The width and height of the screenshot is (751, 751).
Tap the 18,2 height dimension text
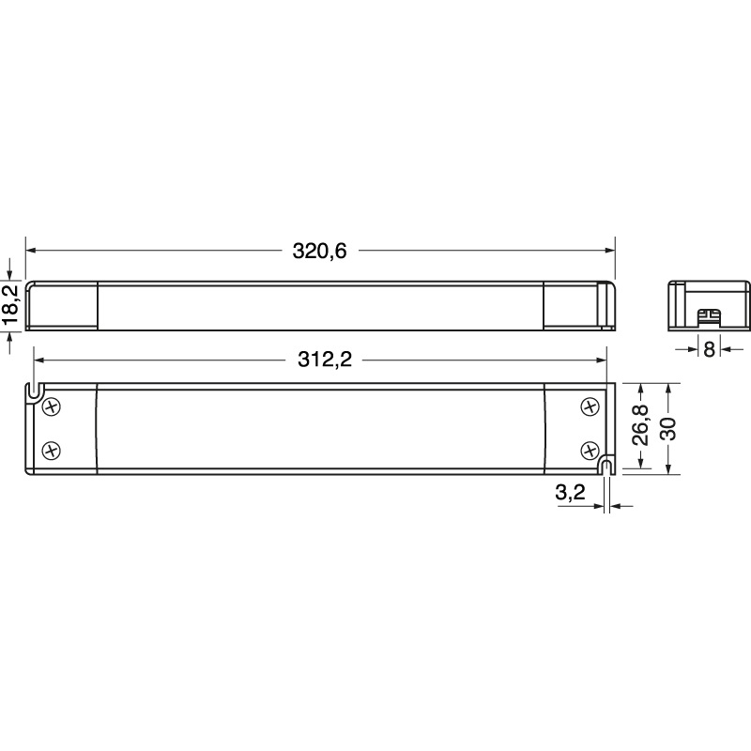[11, 305]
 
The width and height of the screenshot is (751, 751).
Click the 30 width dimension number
[668, 428]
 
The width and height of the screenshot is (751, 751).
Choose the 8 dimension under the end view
[709, 348]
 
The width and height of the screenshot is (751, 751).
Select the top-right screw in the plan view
[590, 406]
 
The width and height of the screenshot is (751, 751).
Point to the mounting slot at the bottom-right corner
[607, 465]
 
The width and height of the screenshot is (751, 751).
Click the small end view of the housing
[709, 304]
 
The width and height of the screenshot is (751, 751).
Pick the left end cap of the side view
[64, 305]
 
